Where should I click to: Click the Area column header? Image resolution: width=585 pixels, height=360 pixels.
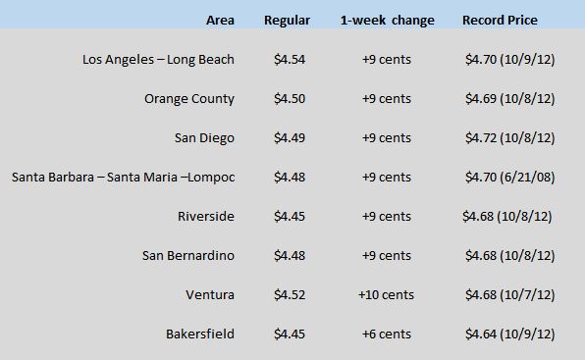[x=220, y=21]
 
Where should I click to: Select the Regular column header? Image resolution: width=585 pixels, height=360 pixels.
[x=287, y=21]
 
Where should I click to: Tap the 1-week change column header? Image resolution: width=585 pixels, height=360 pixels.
[x=388, y=21]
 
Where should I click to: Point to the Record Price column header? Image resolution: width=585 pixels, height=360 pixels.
[x=500, y=21]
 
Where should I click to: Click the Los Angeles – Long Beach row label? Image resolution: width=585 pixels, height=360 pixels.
[x=158, y=60]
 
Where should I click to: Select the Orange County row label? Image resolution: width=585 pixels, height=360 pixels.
[x=189, y=99]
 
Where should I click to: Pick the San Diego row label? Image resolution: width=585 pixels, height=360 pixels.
[x=204, y=138]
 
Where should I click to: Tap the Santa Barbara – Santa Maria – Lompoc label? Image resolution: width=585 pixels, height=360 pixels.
[x=123, y=177]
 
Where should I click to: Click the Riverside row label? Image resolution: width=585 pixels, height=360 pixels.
[x=206, y=216]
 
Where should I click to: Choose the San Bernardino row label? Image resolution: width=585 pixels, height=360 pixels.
[x=188, y=256]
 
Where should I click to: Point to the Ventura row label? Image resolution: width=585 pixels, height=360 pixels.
[x=210, y=295]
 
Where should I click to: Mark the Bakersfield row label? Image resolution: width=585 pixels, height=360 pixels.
[x=200, y=334]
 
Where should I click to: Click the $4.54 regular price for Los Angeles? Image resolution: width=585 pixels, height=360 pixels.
[x=290, y=60]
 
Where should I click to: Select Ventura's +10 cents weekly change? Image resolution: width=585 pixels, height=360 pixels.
[x=386, y=295]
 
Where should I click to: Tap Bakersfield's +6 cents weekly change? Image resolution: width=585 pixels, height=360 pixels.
[x=386, y=334]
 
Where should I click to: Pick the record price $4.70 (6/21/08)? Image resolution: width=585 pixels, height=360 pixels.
[x=510, y=177]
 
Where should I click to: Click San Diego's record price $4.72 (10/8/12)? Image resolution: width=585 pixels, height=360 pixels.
[x=510, y=138]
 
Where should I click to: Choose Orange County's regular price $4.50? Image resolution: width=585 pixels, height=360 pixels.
[x=290, y=99]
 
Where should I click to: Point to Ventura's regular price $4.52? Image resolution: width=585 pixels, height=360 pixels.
[x=290, y=295]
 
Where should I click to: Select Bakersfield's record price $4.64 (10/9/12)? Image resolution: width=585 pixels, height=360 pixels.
[x=510, y=334]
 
